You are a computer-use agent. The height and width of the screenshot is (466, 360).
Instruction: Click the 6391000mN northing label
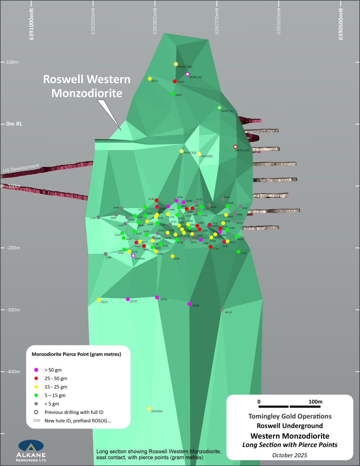31,24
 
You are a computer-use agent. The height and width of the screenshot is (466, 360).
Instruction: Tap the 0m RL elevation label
14,124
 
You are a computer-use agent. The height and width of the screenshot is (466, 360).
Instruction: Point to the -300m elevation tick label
13,310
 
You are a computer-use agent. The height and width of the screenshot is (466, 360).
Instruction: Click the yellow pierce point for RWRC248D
176,64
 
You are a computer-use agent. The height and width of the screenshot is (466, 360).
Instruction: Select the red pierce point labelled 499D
175,81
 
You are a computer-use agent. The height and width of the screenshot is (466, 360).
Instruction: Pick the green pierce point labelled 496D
173,94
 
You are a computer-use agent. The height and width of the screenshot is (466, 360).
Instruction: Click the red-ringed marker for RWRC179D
235,147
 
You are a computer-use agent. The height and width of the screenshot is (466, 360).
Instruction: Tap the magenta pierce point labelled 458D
189,304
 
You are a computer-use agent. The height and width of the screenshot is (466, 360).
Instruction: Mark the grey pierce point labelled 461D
222,310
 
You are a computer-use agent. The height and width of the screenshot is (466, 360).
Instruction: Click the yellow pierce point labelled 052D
99,300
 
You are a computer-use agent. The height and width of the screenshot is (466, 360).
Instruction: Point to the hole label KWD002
207,156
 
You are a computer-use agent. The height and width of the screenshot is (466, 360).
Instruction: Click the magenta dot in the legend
36,370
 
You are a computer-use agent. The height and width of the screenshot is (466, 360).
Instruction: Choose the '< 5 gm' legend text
52,404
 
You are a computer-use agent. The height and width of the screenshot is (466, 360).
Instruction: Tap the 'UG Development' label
21,168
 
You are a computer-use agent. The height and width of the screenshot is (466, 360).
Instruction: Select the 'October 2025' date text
290,455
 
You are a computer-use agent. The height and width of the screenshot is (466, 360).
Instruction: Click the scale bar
289,407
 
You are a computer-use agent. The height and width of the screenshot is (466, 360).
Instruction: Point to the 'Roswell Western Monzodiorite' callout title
87,86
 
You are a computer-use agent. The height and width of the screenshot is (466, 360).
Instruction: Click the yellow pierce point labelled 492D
150,79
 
